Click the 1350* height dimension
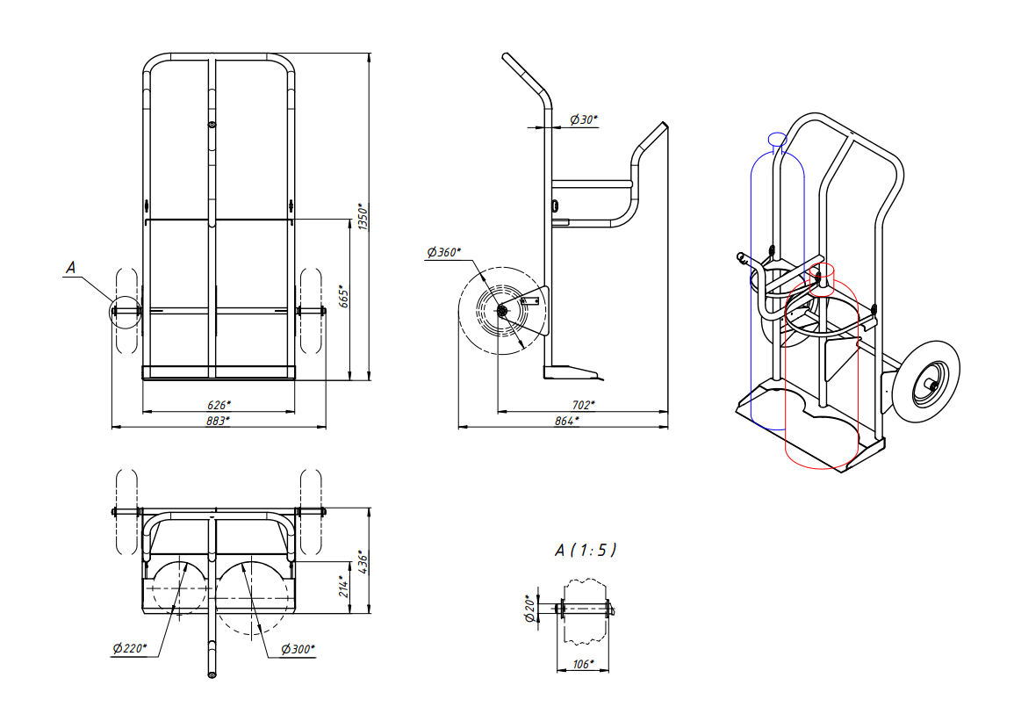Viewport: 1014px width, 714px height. [x=363, y=217]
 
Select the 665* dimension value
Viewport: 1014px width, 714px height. [x=343, y=296]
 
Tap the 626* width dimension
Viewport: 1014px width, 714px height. [x=219, y=405]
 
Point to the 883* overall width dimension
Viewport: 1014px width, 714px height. [x=219, y=421]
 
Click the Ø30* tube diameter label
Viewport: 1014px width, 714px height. [x=583, y=119]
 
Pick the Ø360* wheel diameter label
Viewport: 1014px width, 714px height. [x=443, y=252]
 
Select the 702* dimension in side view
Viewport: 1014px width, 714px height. [x=583, y=405]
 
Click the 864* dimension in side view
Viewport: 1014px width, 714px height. [x=566, y=421]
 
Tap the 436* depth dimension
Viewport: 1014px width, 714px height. [x=363, y=561]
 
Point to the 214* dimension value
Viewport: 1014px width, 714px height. [x=343, y=586]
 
